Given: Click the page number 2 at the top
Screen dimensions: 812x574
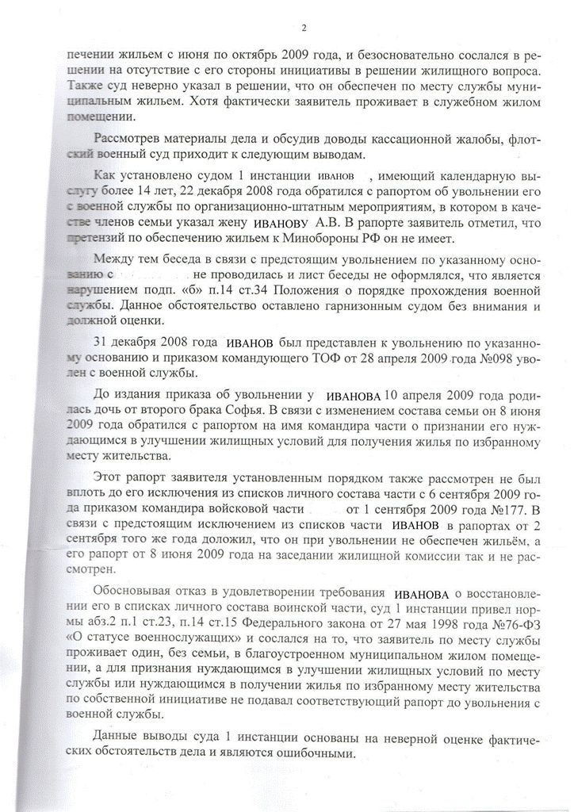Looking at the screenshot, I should pyautogui.click(x=304, y=29).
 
